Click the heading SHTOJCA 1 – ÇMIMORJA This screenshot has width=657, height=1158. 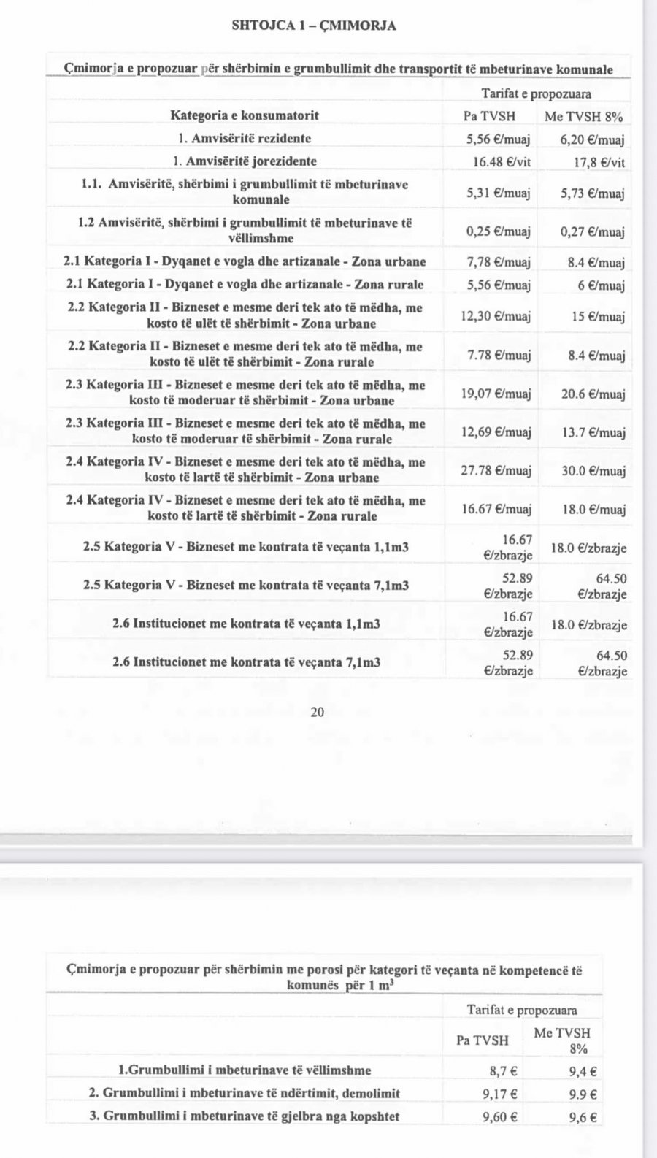(314, 26)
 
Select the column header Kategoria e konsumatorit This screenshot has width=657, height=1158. (245, 115)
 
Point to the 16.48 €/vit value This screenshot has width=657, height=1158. (499, 161)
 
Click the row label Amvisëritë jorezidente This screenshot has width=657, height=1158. (245, 161)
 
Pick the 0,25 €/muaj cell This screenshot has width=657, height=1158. (499, 231)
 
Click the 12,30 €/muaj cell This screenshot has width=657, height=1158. (496, 316)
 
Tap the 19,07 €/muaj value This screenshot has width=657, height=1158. (496, 394)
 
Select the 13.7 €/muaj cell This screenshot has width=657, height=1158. (593, 433)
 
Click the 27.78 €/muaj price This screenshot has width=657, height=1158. (496, 471)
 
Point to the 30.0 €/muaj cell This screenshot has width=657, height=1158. (593, 472)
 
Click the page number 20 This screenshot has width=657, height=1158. (318, 712)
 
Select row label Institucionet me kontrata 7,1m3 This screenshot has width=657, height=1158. (246, 663)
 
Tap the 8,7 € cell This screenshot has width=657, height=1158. (504, 1071)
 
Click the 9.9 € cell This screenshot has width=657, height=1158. (583, 1094)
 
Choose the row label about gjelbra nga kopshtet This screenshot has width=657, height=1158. (244, 1116)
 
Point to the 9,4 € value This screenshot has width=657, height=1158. (583, 1072)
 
